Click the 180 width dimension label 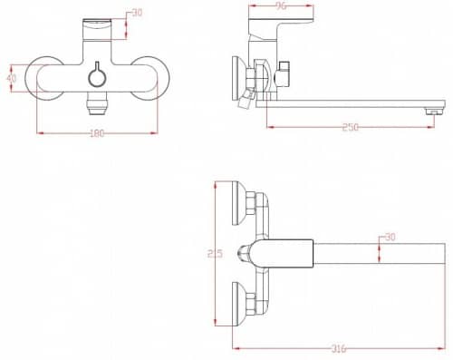coord(97,133)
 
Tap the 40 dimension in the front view coord(12,78)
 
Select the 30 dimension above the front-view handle coord(137,13)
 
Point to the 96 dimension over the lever coord(281,6)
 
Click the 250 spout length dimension coord(351,127)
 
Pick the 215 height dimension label coord(215,253)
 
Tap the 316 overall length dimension coord(339,348)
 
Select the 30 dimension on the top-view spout coord(390,238)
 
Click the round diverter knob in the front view coord(97,76)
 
